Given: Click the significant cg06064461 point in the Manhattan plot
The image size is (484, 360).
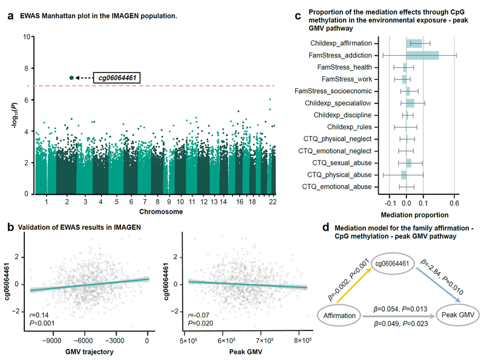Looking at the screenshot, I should point(71,77).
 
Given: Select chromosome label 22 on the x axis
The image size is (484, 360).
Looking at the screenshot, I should point(272,201).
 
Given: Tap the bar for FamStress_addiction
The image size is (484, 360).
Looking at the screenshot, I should point(422,55).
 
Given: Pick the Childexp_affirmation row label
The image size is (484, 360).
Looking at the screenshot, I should point(341,44).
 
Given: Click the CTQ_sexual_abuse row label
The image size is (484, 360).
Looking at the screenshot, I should point(342,162).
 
